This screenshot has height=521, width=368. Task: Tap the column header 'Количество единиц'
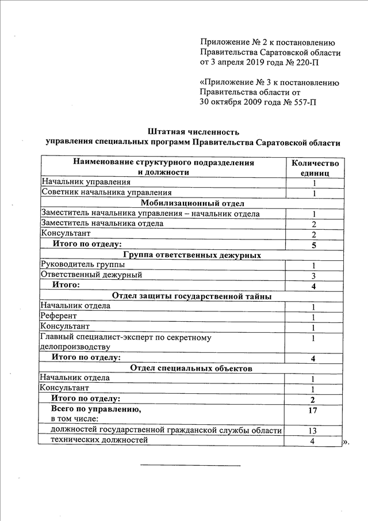point(315,168)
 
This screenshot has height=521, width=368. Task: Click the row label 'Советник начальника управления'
point(106,193)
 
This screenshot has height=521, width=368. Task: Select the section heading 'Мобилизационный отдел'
point(193,203)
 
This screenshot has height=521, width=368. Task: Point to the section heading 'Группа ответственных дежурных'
point(193,255)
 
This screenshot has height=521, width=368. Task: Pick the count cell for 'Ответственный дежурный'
point(314,276)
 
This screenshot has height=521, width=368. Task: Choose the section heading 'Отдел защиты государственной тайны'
point(193,296)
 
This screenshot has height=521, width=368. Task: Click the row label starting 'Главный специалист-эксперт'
point(126,337)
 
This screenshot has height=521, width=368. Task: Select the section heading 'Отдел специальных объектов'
point(193,368)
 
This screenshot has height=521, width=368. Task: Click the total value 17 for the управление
point(313,410)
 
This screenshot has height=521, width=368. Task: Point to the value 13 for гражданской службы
point(313,431)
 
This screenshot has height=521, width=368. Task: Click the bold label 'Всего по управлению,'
point(96,409)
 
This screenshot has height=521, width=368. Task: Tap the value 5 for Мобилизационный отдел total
point(314,245)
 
